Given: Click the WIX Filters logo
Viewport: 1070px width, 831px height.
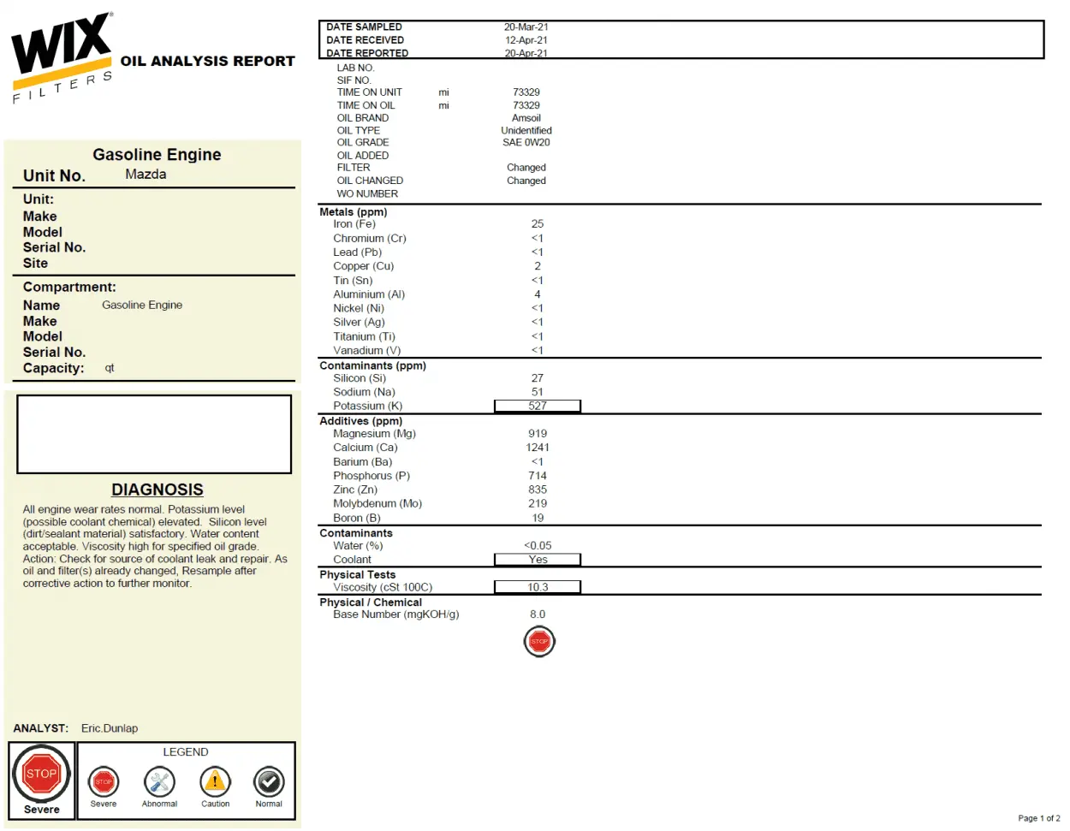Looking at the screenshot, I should click(x=62, y=56).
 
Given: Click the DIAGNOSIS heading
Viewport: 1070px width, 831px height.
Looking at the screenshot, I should click(x=158, y=490).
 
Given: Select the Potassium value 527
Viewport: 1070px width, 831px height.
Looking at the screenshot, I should click(x=538, y=406).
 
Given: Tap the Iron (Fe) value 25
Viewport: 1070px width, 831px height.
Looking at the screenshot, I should click(x=538, y=224).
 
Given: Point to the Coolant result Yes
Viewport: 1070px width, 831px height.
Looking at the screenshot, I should click(x=538, y=560).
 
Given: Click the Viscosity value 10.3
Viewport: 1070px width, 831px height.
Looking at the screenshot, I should click(x=538, y=587).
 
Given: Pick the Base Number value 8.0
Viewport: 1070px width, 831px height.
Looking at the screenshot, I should click(x=538, y=614).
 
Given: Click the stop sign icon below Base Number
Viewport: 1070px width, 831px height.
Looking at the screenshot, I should click(x=539, y=641).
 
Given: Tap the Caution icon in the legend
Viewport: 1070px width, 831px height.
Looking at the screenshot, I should click(x=215, y=781).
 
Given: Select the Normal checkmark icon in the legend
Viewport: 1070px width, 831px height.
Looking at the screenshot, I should click(x=269, y=781).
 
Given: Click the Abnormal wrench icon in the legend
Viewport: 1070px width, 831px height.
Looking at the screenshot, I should click(x=159, y=781).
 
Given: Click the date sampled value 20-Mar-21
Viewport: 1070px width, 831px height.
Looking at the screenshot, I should click(x=526, y=27).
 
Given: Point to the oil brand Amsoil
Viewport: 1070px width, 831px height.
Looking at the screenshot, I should click(x=526, y=118).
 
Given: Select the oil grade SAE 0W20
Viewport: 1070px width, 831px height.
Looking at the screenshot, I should click(x=526, y=143).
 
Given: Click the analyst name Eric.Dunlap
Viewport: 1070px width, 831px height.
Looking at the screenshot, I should click(x=110, y=728).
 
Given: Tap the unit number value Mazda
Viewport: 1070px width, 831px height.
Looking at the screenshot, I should click(x=146, y=175).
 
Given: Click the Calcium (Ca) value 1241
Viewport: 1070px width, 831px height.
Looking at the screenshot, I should click(x=538, y=448).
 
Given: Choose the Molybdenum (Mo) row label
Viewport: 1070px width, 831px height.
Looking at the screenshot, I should click(x=377, y=504).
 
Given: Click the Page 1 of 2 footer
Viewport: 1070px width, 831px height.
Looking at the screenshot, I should click(x=1038, y=818).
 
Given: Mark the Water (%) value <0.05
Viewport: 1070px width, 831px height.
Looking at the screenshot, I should click(x=538, y=546).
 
